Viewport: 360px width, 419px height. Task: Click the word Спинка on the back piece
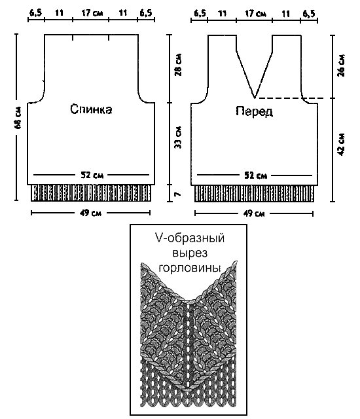[91, 109]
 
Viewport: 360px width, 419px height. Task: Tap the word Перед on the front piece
[254, 111]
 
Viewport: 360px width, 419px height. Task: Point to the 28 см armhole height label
[178, 65]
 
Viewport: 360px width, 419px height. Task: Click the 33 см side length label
[178, 137]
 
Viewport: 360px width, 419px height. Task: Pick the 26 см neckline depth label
[341, 65]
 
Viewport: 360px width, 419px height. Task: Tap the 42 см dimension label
[341, 145]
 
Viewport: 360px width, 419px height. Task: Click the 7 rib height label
[177, 194]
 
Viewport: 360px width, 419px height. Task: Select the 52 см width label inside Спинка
[92, 175]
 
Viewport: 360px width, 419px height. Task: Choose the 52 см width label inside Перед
[255, 176]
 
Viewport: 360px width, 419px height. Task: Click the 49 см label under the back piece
[90, 213]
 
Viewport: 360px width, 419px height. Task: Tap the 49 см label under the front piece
[254, 213]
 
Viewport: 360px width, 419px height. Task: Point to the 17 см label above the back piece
[92, 13]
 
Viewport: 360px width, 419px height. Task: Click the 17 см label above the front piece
[255, 13]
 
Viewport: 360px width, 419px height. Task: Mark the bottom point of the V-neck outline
[255, 98]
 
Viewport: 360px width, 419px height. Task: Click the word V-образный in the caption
[190, 238]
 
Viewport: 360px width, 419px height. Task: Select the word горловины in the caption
[190, 268]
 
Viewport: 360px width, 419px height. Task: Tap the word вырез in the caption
[190, 253]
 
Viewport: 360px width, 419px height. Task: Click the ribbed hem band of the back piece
[91, 192]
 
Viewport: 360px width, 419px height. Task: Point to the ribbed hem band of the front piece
[254, 194]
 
